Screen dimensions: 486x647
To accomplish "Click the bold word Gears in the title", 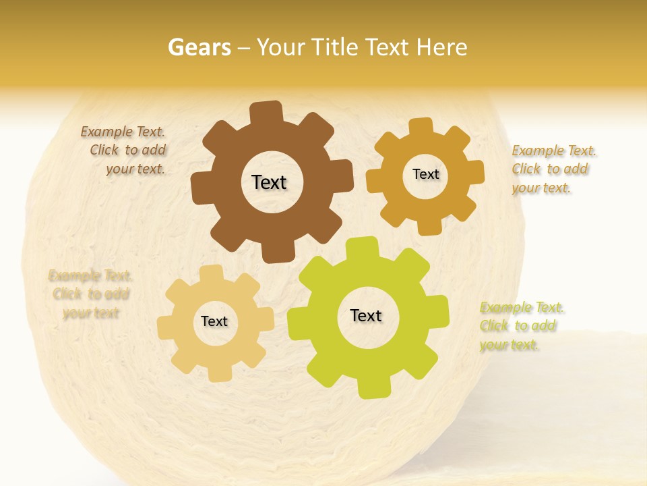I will coord(199,47).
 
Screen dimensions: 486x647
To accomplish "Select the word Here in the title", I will coord(442,47).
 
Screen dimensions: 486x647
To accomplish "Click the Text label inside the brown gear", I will coord(269,182).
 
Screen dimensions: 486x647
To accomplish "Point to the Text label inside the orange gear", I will coord(425,174).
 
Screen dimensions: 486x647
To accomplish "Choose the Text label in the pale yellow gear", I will coord(214,321).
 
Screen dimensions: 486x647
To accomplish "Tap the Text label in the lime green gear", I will coord(366,315).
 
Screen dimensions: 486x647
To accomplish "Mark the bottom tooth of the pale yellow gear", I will coord(218,373).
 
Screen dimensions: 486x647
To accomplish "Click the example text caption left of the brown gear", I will coord(124,151).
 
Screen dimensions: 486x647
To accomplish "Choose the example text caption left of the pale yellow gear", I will coord(90,294).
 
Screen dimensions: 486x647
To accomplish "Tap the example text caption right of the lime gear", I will coord(520,326).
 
